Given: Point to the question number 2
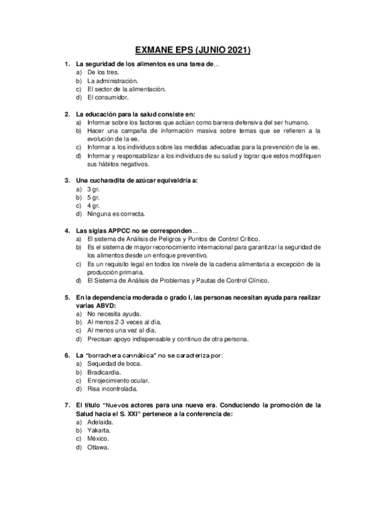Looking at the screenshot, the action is coord(67,114).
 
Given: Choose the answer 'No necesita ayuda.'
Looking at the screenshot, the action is coord(114,314).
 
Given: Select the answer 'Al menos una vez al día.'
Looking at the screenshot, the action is coord(122,331).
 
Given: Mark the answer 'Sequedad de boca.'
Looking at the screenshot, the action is coord(114,364).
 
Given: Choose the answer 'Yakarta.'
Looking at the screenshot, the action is coord(99,431).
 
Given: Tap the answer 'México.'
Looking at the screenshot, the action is coord(98,439).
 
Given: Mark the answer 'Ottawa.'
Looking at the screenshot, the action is coord(98,447).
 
